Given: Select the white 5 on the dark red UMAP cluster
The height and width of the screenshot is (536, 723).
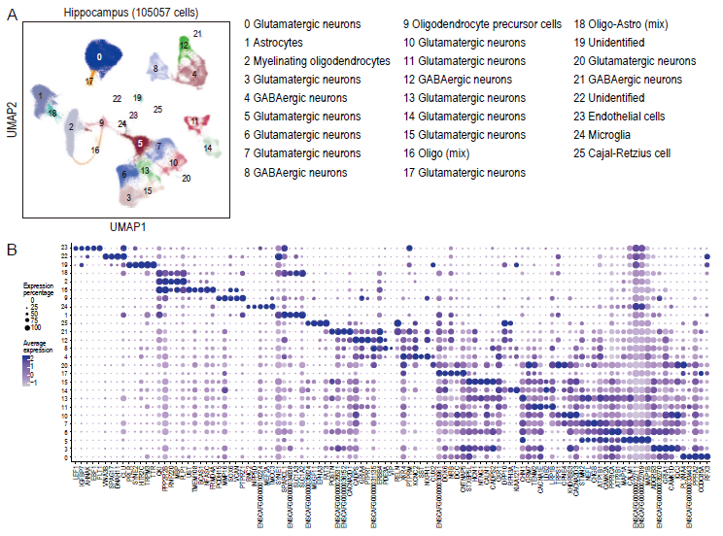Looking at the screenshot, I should pyautogui.click(x=141, y=144).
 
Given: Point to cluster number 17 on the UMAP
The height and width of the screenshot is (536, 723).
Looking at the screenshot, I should pyautogui.click(x=88, y=82).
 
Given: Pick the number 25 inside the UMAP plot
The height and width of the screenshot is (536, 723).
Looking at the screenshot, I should pyautogui.click(x=157, y=109).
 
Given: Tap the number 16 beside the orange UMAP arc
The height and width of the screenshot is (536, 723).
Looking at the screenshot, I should pyautogui.click(x=94, y=151).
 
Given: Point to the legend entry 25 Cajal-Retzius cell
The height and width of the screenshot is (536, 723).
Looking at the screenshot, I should pyautogui.click(x=627, y=153).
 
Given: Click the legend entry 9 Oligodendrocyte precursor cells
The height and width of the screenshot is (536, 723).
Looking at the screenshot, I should pyautogui.click(x=482, y=23).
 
